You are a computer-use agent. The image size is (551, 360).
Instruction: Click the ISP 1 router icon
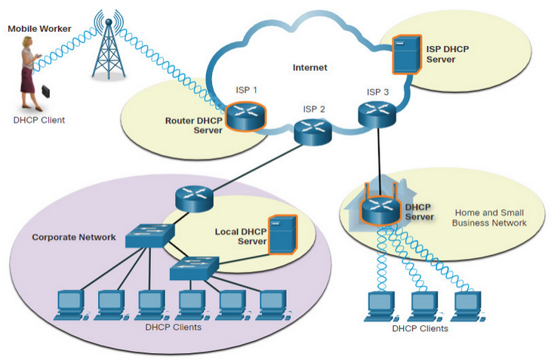point(245,116)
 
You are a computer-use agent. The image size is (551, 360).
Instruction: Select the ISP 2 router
point(312,132)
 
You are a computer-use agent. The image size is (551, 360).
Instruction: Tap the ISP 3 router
point(377,114)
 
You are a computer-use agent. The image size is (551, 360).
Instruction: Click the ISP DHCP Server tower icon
point(407,54)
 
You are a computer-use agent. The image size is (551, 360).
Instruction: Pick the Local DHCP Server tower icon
point(282,235)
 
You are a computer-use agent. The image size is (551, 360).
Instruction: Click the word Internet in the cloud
point(310,67)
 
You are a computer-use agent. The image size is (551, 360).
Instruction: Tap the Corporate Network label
point(74,238)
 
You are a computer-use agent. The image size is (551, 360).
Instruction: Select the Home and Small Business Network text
point(489,218)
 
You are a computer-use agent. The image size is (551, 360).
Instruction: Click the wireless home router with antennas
point(381,207)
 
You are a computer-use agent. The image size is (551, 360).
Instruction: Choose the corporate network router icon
point(194,198)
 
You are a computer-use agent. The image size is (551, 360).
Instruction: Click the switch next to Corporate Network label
point(150,235)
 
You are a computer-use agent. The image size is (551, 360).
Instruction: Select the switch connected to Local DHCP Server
point(194,268)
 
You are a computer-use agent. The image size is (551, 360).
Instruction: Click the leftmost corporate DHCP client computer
point(71,305)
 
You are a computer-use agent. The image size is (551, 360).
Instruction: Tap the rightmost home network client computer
point(468,306)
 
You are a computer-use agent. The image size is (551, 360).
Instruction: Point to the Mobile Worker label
point(39,29)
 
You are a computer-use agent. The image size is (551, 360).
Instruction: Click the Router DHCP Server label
point(194,125)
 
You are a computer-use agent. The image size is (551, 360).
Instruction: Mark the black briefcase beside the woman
point(46,91)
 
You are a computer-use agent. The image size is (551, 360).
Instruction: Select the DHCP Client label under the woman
point(39,120)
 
